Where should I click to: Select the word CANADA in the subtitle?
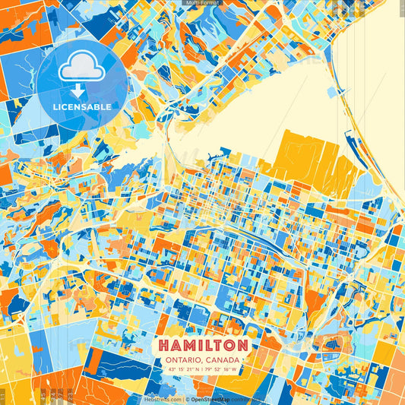click(x=225, y=359)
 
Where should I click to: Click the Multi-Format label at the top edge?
click(x=202, y=3)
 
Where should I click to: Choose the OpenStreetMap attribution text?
click(x=216, y=400)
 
